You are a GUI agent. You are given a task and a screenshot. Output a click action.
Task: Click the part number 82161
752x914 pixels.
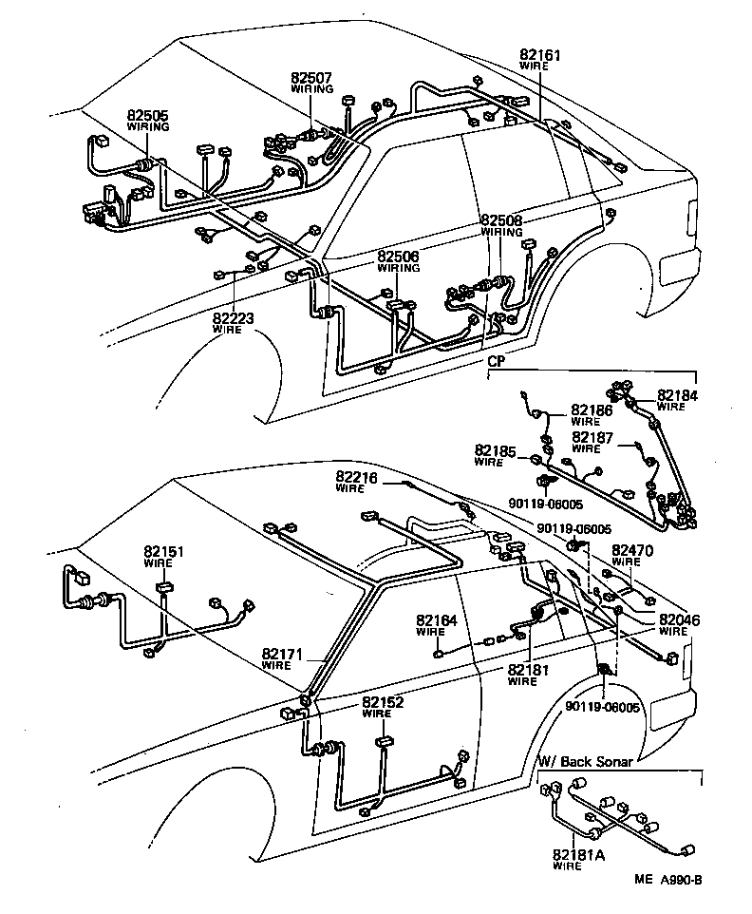(x=539, y=55)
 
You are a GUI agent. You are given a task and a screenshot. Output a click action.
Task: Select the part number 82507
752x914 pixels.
(x=311, y=78)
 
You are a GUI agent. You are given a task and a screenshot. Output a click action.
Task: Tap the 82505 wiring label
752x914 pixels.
(x=148, y=115)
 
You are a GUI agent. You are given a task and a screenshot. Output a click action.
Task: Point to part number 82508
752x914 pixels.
(x=500, y=219)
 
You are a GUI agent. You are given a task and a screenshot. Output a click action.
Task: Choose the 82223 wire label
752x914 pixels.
(x=234, y=318)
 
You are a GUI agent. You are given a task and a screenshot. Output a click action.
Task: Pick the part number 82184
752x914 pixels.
(x=676, y=395)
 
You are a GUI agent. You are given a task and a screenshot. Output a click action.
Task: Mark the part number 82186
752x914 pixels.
(x=592, y=409)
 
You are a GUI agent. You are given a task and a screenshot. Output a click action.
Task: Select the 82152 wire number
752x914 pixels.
(x=383, y=702)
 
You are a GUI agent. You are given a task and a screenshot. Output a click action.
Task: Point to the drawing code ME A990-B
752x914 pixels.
(x=668, y=879)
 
